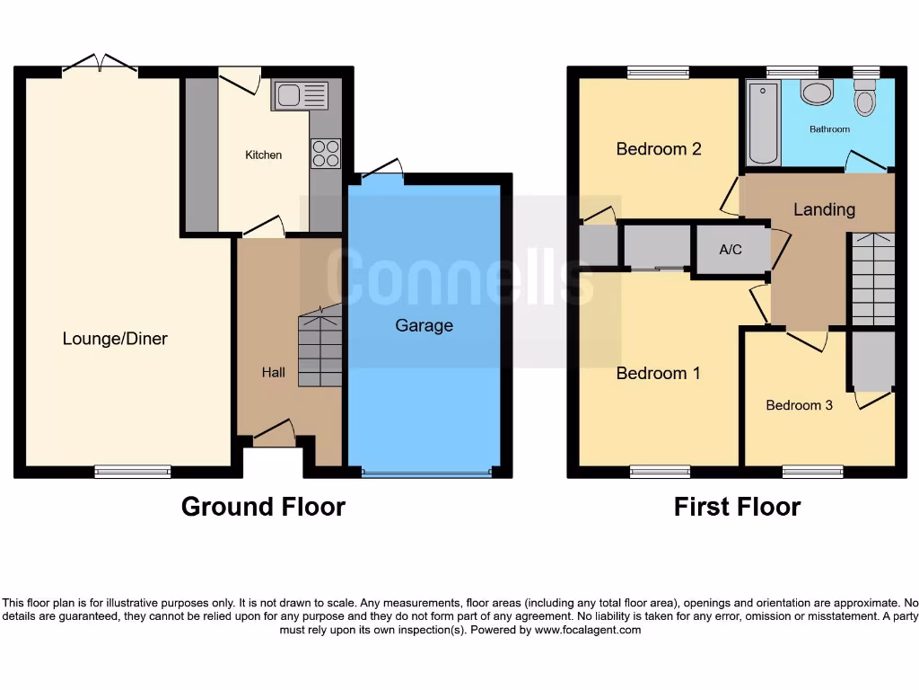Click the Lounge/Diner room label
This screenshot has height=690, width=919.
point(115,339)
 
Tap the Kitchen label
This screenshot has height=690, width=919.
point(263,155)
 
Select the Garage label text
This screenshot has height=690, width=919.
point(424,325)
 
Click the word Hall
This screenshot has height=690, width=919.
point(273,372)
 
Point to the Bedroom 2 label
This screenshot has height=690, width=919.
point(658,149)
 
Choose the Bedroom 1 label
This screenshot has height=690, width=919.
point(658,373)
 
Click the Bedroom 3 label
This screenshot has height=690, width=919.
point(799,405)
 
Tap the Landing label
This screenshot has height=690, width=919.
point(824,209)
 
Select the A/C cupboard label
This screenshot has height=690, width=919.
point(731,250)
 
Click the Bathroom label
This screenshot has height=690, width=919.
point(829,129)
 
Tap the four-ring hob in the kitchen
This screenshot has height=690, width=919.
point(325,153)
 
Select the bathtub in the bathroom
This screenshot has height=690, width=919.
point(763,123)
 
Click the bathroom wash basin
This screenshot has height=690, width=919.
point(817,93)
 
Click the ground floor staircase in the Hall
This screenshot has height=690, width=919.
point(319,348)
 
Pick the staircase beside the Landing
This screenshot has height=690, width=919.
point(872,279)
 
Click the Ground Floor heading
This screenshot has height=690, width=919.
point(263,507)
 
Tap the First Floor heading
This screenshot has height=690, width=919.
point(737,507)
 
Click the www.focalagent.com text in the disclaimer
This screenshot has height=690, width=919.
point(588,630)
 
